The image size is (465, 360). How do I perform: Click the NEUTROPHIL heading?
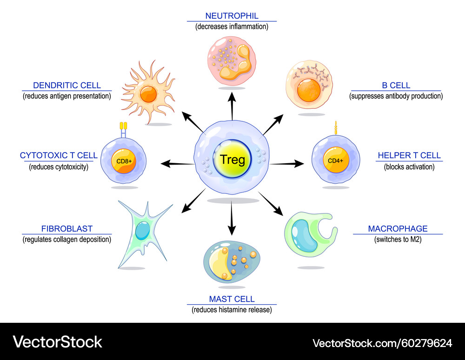tap(232, 16)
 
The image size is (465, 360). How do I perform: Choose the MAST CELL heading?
tap(232, 299)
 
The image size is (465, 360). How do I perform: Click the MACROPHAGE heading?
tap(398, 229)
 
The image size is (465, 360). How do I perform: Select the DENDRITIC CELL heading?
tap(67, 86)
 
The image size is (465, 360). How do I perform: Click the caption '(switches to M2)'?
tap(398, 240)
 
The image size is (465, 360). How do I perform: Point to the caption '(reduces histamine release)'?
tap(232, 310)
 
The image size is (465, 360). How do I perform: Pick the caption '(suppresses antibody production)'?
tap(396, 96)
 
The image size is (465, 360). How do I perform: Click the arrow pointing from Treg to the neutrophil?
tap(232, 105)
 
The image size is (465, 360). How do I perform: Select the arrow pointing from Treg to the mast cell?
tap(232, 219)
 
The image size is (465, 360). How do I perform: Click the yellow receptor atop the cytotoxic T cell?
tap(124, 126)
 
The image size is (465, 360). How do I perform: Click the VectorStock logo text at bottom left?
tap(58, 342)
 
